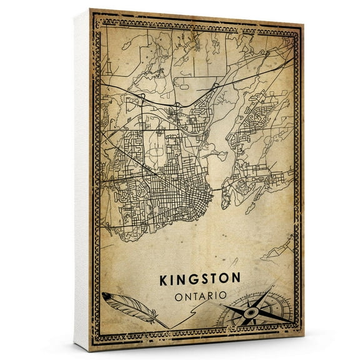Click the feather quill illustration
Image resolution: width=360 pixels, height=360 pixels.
(x=128, y=306)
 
